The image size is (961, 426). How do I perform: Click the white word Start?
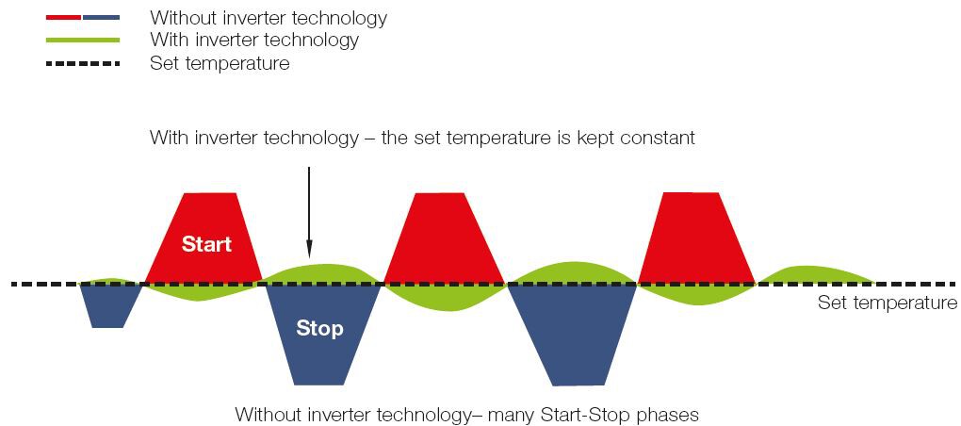[x=206, y=244]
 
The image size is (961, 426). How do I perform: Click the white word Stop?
[x=319, y=329]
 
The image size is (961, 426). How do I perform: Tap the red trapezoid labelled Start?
[x=204, y=238]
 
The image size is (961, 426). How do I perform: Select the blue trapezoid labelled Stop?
[x=322, y=334]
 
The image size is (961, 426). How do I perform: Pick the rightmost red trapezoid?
[x=696, y=238]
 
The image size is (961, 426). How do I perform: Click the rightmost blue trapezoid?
[x=573, y=334]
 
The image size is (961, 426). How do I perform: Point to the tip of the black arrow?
[x=309, y=257]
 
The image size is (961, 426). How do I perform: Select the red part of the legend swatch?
[x=63, y=18]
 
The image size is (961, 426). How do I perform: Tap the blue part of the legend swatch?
[x=101, y=18]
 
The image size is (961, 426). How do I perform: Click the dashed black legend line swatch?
[x=83, y=63]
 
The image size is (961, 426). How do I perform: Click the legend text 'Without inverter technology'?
[x=269, y=18]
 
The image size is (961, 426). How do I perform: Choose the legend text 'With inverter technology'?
[x=254, y=41]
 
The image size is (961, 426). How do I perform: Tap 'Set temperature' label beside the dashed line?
[x=887, y=303]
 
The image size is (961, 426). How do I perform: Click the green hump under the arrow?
[x=318, y=273]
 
